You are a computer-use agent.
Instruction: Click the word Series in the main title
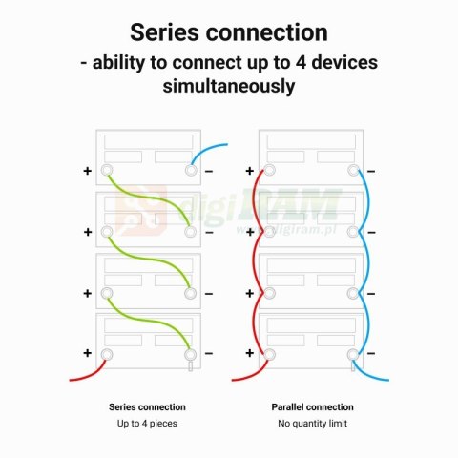point(164,32)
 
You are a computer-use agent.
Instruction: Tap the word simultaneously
point(229,86)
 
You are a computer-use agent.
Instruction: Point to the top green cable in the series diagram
point(149,198)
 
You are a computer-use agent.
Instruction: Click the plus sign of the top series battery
point(87,171)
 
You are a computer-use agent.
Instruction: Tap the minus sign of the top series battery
point(209,172)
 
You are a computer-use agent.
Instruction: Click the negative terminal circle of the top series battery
point(191,171)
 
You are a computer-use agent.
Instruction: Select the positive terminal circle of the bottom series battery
point(107,354)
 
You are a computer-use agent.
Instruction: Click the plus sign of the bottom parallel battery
point(250,353)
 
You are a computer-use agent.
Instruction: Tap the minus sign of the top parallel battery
point(371,172)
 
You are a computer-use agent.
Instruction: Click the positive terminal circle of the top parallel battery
point(269,171)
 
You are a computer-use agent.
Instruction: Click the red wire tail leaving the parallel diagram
point(251,374)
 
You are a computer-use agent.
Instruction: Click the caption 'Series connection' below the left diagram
point(147,407)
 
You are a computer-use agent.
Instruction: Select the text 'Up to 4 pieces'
point(147,424)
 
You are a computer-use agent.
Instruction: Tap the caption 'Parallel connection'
point(312,407)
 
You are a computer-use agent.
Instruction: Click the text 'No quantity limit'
point(312,424)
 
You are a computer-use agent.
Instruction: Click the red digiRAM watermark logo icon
point(141,211)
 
